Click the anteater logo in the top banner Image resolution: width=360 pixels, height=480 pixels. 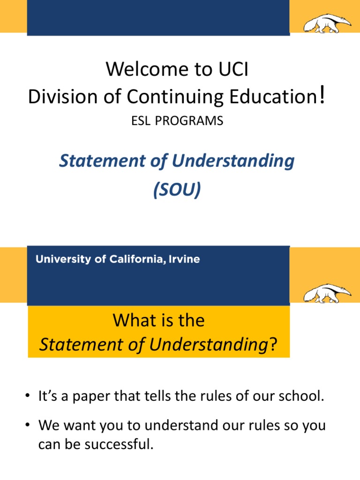327,23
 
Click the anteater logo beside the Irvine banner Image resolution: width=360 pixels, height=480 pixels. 327,294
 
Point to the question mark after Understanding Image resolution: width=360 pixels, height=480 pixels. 272,346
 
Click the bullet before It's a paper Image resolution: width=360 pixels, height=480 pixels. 29,397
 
